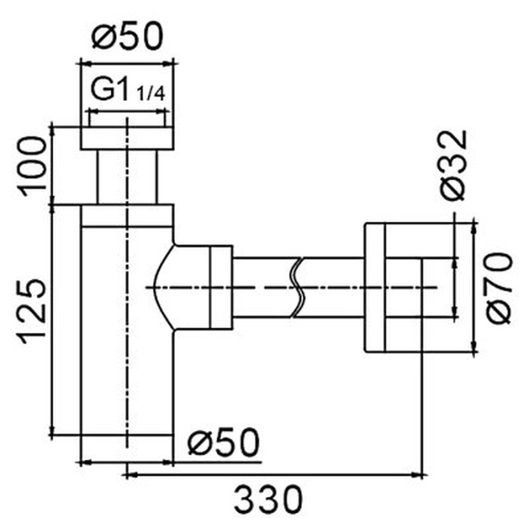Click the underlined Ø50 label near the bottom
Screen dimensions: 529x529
pos(223,441)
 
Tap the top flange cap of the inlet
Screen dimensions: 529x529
pos(127,138)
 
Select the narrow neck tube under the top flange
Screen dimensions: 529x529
pos(127,177)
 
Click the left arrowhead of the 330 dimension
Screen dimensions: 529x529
pos(130,476)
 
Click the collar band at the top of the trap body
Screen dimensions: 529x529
pos(127,216)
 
